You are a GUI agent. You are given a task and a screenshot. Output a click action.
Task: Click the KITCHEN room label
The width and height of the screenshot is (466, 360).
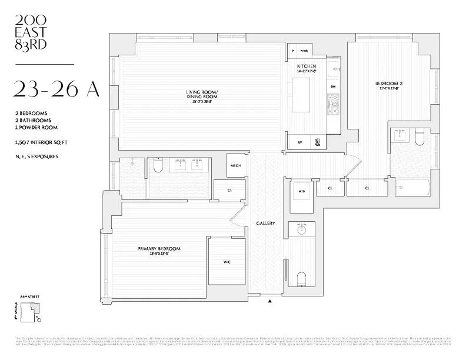pos(307,66)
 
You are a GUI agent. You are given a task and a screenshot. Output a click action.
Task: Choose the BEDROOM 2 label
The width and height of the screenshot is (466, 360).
pos(387,83)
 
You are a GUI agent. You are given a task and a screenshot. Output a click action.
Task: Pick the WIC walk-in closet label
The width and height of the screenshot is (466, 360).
pos(226,262)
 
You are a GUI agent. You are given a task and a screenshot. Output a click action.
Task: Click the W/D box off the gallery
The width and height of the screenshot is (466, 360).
pos(302,191)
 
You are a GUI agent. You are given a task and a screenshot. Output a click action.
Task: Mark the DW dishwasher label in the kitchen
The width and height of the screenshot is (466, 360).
pos(333,86)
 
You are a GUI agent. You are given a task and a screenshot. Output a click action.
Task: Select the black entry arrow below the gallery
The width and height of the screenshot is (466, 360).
pos(270,301)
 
